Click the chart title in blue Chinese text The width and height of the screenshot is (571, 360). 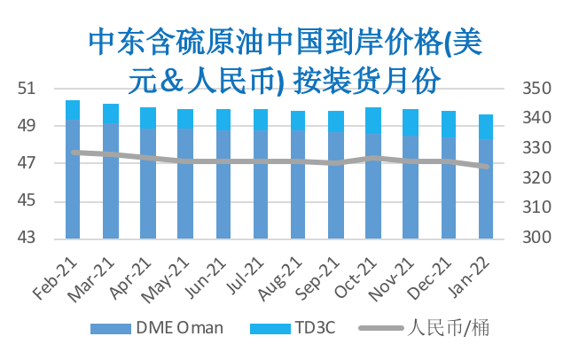click(285, 61)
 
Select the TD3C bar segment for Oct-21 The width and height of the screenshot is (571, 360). click(373, 121)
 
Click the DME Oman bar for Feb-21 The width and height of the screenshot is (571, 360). click(73, 179)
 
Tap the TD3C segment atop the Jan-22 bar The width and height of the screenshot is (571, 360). click(486, 127)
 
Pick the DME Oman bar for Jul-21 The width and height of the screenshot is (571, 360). click(261, 184)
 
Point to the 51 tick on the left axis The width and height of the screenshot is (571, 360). click(27, 89)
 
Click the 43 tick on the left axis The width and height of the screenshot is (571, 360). click(27, 238)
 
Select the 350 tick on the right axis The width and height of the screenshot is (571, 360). click(536, 89)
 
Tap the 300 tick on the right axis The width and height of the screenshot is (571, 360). click(536, 238)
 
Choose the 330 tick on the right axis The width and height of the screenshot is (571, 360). click(536, 148)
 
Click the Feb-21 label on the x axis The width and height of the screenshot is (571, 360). click(56, 278)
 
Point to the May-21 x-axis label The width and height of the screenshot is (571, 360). click(166, 279)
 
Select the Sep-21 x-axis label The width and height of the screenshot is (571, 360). click(317, 278)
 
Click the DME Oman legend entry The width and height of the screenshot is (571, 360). click(157, 328)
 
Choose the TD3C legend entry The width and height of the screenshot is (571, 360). click(293, 328)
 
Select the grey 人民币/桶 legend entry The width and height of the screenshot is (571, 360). click(424, 327)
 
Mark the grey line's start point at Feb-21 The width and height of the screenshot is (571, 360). click(74, 153)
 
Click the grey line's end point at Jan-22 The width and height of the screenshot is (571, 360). click(486, 167)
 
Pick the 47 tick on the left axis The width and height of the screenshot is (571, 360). click(27, 163)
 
